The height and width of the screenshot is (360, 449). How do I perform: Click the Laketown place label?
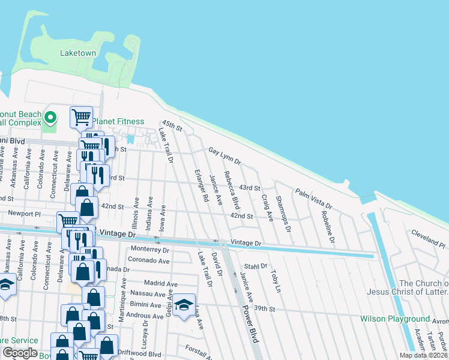(78, 53)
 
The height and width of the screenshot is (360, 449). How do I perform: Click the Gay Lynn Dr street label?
(224, 157)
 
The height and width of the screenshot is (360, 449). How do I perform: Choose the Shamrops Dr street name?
(283, 213)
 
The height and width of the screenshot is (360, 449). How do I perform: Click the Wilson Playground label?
(395, 319)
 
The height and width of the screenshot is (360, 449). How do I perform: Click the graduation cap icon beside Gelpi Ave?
(185, 304)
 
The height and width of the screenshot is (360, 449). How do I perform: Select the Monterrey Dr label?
(150, 250)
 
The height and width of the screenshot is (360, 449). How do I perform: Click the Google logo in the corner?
(20, 353)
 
